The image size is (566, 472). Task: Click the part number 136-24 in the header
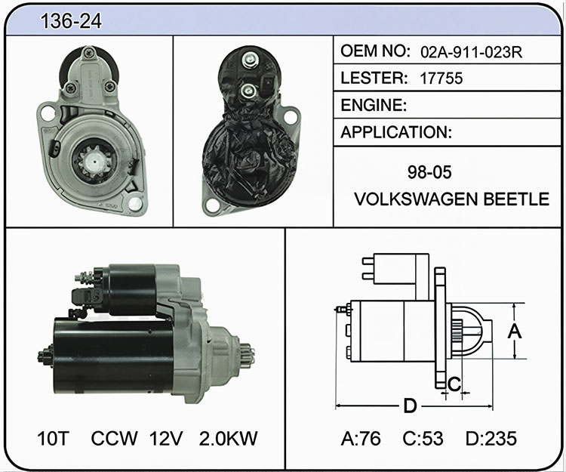click(71, 21)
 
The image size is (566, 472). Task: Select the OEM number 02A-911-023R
click(472, 53)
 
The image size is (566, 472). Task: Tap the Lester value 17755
click(441, 79)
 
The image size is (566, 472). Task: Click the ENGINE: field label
click(374, 105)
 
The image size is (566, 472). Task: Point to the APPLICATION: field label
click(396, 132)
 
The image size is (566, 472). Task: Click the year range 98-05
click(429, 172)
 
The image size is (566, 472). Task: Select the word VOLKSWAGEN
click(416, 199)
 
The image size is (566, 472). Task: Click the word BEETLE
click(516, 199)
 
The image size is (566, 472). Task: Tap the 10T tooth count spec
click(53, 439)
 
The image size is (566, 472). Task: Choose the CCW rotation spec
click(114, 439)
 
